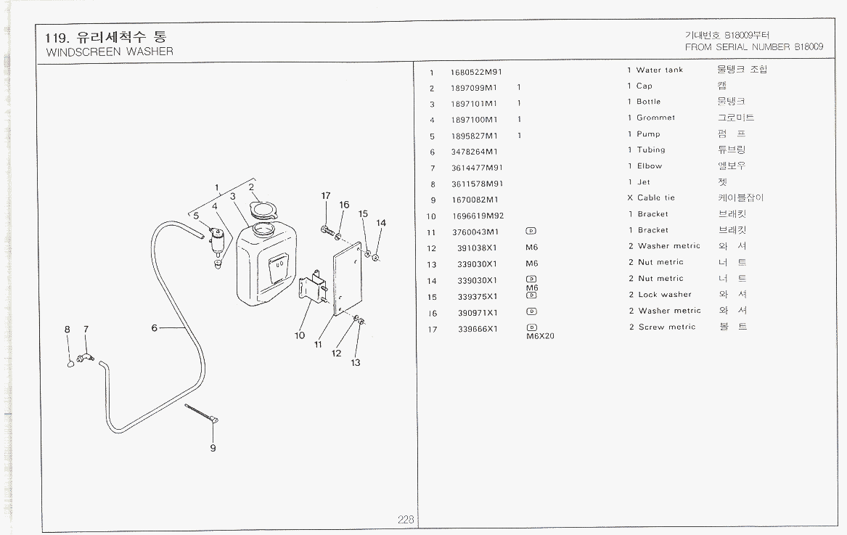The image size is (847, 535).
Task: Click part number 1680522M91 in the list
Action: [x=476, y=72]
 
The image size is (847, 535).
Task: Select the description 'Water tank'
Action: [x=659, y=70]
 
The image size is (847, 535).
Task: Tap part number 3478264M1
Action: [x=474, y=152]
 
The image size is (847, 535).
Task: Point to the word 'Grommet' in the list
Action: [x=655, y=118]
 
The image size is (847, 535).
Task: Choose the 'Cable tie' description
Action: [x=655, y=197]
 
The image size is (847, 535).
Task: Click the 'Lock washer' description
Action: [x=664, y=295]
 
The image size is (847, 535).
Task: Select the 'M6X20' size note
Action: [x=539, y=336]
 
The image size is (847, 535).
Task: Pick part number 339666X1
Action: [x=473, y=329]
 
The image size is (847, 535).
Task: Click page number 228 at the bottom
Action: [x=405, y=520]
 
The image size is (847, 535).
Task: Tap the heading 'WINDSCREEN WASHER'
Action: [x=109, y=52]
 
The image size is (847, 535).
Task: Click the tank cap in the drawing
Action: [x=261, y=211]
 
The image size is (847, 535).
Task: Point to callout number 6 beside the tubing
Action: [x=155, y=328]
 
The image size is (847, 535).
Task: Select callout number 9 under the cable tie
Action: [x=213, y=448]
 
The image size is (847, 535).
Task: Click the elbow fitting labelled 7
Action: [x=86, y=357]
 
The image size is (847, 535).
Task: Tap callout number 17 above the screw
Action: [x=326, y=196]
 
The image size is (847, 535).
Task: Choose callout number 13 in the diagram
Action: [x=356, y=362]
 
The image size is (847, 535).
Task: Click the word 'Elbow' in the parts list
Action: [x=650, y=166]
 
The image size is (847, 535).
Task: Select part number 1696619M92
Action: [x=476, y=216]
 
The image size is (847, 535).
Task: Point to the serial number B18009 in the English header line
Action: [x=808, y=47]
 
